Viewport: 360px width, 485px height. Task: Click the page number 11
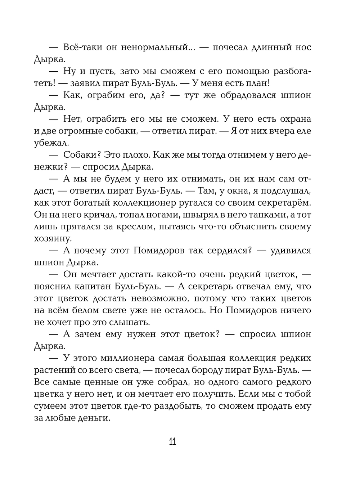(x=172, y=441)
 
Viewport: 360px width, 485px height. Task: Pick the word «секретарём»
(x=283, y=203)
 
